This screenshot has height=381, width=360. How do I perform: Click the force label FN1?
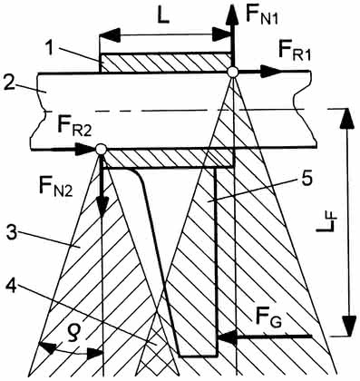[x=261, y=15]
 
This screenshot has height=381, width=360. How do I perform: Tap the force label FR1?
[x=294, y=52]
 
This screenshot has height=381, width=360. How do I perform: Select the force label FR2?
[x=74, y=127]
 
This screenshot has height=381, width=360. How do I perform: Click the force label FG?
[x=268, y=320]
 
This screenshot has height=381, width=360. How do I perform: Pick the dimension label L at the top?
[x=163, y=18]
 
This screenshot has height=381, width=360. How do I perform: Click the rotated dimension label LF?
[x=326, y=224]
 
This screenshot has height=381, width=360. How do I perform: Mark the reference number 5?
[x=305, y=180]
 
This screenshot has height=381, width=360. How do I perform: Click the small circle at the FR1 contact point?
[x=233, y=72]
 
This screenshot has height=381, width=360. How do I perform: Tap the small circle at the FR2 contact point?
[x=101, y=149]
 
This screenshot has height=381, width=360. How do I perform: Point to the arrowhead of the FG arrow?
[x=227, y=337]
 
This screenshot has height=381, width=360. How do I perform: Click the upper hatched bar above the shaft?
[x=166, y=63]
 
